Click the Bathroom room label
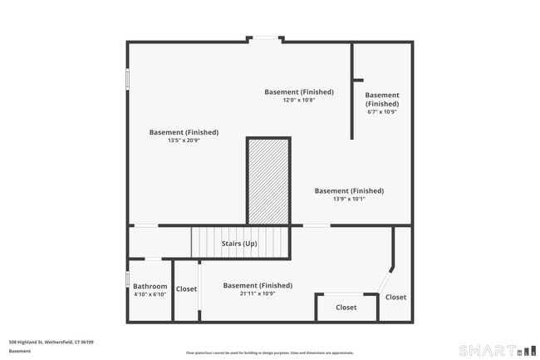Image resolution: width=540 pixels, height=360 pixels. coord(150,287)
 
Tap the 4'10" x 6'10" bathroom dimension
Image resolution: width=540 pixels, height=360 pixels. coord(150,294)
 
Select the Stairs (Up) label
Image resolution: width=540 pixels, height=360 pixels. coord(238,244)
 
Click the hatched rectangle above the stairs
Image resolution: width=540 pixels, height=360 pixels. coord(268,180)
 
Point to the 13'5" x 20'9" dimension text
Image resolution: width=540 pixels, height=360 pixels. coord(184,141)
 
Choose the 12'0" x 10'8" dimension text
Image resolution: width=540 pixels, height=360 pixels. coord(299,100)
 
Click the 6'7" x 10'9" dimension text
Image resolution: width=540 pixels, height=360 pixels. coord(382,111)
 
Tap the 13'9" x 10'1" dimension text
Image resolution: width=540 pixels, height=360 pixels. coord(349,199)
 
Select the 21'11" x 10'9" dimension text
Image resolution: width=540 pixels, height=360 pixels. coord(258,293)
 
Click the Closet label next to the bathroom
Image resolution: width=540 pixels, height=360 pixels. coord(186,289)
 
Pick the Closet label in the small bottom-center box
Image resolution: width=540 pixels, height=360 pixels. coord(346,308)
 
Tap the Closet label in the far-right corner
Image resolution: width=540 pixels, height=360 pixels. coord(395,298)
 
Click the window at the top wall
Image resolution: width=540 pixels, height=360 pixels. coord(266,39)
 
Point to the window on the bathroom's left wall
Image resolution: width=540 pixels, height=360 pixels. coord(127,279)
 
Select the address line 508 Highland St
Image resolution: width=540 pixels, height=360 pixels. coord(51,342)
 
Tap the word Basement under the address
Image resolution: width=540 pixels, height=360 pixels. coord(20,351)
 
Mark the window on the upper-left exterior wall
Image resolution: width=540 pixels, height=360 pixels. coord(127,78)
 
